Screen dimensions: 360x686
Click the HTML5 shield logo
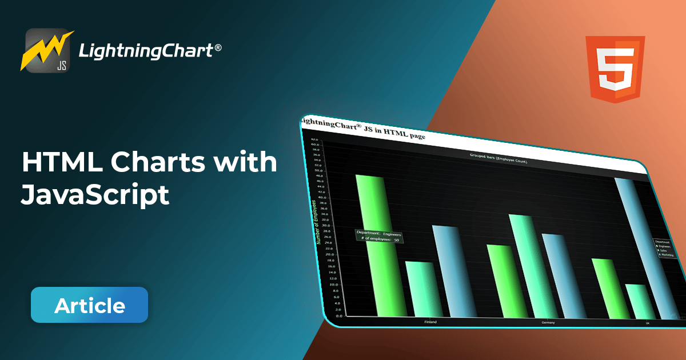(615, 69)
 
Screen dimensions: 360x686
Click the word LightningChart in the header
(145, 52)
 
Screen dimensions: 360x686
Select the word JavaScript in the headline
(95, 195)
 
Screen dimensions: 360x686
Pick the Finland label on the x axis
(430, 322)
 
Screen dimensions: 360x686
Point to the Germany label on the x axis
(548, 323)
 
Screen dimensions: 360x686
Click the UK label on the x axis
(648, 323)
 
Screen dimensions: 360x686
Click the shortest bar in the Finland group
(424, 289)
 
